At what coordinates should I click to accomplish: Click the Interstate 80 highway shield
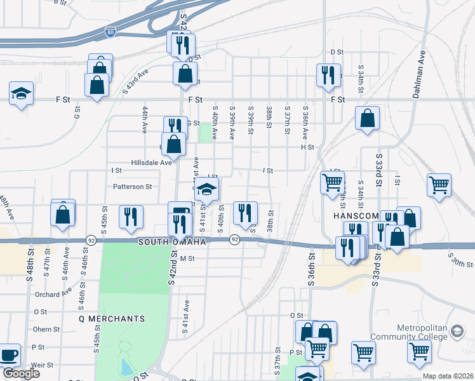coord(110,31)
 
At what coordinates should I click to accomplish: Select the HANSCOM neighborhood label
coord(355,217)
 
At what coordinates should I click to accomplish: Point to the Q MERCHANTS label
coord(112,318)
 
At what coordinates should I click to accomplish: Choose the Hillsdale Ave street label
coord(152,163)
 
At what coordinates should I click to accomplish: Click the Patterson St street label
coord(133,187)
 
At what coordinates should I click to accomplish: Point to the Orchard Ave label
coord(53,294)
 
